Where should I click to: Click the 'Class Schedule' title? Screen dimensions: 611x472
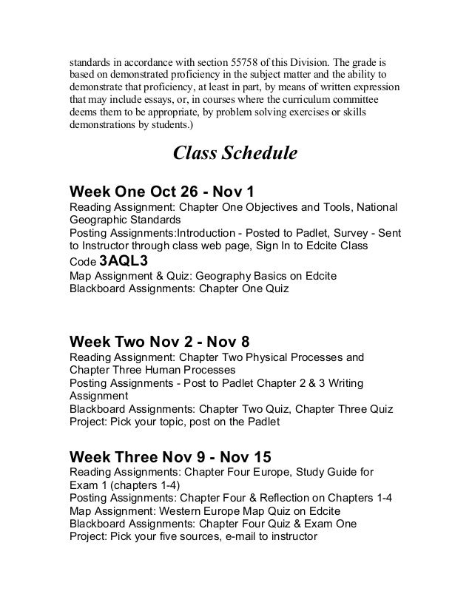(x=235, y=153)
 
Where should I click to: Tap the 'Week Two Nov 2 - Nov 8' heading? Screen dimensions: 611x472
(x=159, y=342)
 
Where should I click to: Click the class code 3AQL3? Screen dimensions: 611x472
(x=124, y=260)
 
